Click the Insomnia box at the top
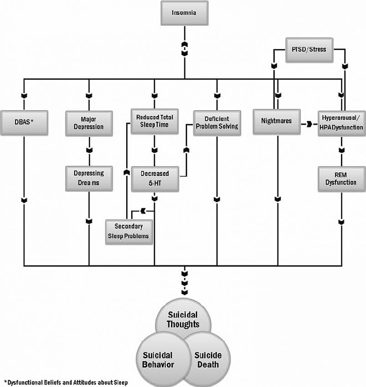pyautogui.click(x=184, y=13)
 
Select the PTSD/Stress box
pyautogui.click(x=309, y=49)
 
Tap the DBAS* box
pyautogui.click(x=24, y=122)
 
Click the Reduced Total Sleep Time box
pyautogui.click(x=155, y=121)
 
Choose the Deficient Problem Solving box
pyautogui.click(x=217, y=122)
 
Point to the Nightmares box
pyautogui.click(x=277, y=121)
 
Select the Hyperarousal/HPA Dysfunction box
pyautogui.click(x=341, y=123)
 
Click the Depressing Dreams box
pyautogui.click(x=89, y=178)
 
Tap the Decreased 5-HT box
pyautogui.click(x=155, y=178)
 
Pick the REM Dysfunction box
pyautogui.click(x=341, y=178)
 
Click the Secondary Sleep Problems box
pyautogui.click(x=129, y=231)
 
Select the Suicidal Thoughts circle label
pyautogui.click(x=183, y=320)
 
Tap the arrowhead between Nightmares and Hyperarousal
pyautogui.click(x=309, y=123)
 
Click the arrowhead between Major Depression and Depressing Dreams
pyautogui.click(x=89, y=150)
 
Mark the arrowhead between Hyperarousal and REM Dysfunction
pyautogui.click(x=341, y=150)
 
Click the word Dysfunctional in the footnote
pyautogui.click(x=23, y=382)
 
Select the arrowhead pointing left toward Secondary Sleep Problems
pyautogui.click(x=142, y=210)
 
